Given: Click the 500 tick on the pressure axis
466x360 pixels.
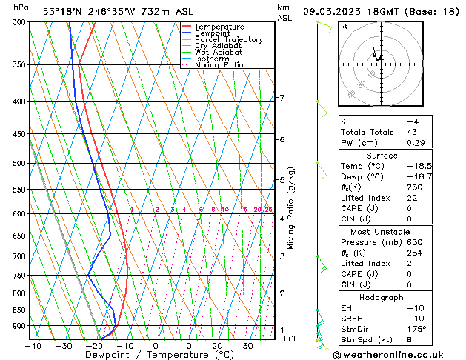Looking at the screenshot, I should click(x=20, y=163).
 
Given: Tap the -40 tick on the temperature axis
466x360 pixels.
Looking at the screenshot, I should click(x=33, y=345).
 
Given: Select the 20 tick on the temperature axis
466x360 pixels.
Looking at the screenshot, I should click(x=217, y=345).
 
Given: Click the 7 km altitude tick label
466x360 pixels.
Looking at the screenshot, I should click(x=281, y=98).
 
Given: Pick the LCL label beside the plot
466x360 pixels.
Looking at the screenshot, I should click(x=291, y=339).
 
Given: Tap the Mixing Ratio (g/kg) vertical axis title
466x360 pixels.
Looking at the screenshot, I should click(x=292, y=208).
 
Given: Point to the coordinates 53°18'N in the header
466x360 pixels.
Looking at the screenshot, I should click(x=67, y=11).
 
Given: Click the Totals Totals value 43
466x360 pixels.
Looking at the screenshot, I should click(x=413, y=132).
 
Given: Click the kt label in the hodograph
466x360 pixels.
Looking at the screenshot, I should click(x=344, y=26).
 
